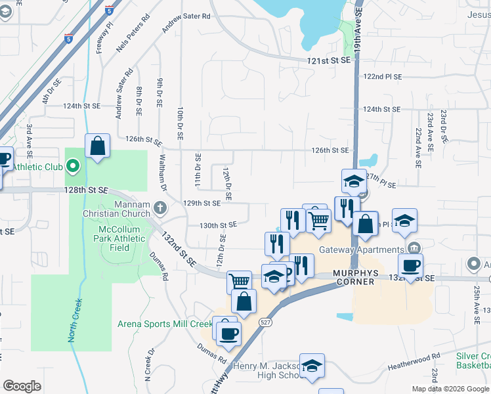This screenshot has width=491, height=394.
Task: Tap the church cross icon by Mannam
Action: click(x=160, y=209)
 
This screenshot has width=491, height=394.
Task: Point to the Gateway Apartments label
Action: click(x=361, y=250)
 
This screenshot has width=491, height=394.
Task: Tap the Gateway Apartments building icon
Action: click(x=414, y=248)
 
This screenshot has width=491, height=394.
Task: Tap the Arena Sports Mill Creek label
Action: click(x=165, y=324)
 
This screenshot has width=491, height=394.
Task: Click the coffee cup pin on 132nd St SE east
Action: click(x=410, y=266)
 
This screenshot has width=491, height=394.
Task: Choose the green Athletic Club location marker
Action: click(x=72, y=167)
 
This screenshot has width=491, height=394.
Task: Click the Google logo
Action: click(x=22, y=386)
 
